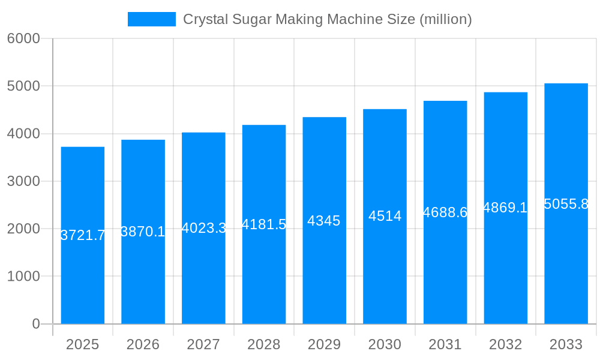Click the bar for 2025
83,276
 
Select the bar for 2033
566,270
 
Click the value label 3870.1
143,232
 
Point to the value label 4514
385,216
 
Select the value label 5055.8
566,204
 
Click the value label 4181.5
263,224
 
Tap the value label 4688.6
445,212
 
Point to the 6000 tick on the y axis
23,38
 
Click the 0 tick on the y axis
35,324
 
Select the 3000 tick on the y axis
23,181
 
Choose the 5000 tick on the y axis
23,86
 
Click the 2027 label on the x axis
203,344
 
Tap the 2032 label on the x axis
505,344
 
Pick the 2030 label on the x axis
385,344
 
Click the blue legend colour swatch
152,19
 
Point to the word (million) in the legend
445,19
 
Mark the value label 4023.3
203,228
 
